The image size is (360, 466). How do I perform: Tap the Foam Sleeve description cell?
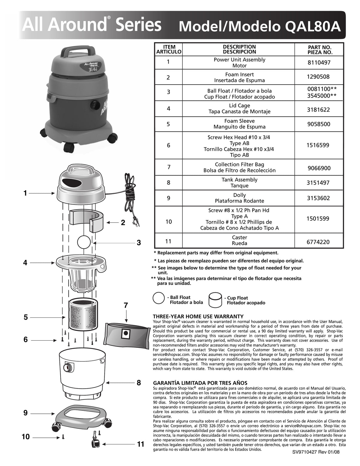(x=239, y=124)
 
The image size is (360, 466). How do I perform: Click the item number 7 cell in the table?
(x=169, y=167)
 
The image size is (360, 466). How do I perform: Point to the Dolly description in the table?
(x=239, y=198)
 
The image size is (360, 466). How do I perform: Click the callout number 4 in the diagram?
(x=25, y=263)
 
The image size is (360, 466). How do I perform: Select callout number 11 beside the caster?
(x=141, y=444)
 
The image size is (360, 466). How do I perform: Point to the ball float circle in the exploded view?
(x=84, y=242)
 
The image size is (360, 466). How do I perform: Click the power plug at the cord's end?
(x=136, y=222)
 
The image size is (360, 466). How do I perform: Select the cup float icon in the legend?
(x=216, y=300)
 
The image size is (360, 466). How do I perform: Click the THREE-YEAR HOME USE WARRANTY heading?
(x=198, y=316)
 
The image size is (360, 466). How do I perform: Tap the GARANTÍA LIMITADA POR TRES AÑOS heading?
(x=200, y=383)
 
